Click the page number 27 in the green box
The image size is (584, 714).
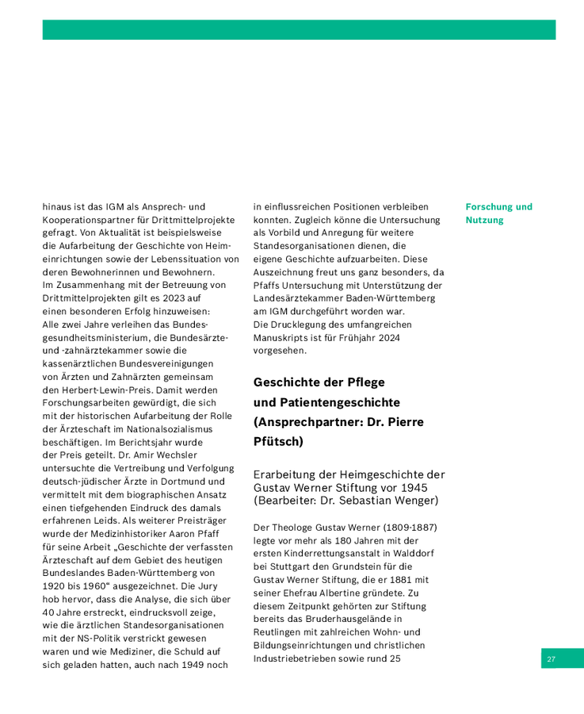[551, 658]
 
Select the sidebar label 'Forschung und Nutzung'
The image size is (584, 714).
[498, 213]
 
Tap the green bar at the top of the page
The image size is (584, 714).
[299, 30]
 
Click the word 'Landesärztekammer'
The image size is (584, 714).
[299, 298]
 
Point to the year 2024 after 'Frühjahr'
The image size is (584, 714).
[387, 337]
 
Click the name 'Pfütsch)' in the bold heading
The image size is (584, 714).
[278, 440]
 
